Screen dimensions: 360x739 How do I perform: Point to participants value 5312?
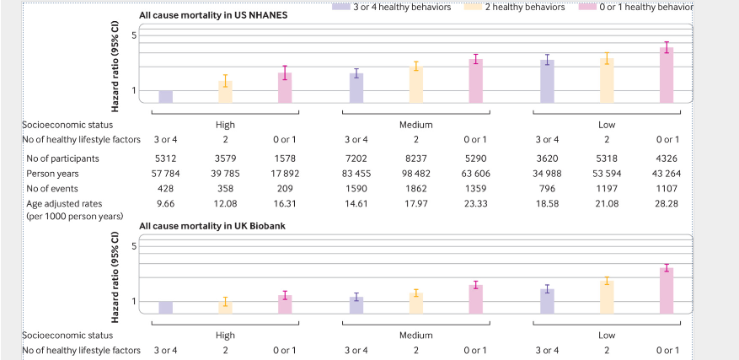click(x=166, y=158)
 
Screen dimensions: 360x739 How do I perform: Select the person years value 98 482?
click(x=415, y=174)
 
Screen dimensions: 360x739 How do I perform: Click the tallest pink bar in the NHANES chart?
click(x=667, y=75)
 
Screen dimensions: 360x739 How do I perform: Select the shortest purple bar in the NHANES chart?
click(x=166, y=97)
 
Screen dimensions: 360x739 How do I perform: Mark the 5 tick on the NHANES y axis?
click(x=133, y=35)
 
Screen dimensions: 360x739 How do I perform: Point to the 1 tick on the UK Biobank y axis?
click(x=133, y=302)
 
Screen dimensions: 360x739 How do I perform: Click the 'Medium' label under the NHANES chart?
click(x=415, y=125)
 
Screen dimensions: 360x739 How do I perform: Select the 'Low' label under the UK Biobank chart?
click(x=607, y=335)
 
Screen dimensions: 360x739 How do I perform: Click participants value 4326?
click(x=667, y=158)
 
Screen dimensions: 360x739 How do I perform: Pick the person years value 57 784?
click(x=166, y=174)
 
